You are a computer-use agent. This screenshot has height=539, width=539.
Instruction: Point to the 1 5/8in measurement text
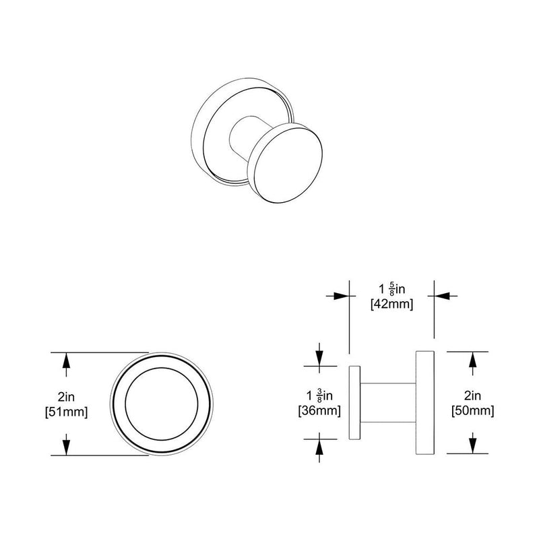[391, 289]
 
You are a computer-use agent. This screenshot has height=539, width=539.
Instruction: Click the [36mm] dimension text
[318, 410]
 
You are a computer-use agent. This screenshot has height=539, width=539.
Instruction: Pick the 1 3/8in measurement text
[318, 395]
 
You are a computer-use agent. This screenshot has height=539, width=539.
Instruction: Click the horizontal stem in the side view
[389, 403]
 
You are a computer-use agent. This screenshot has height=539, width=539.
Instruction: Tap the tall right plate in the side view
[425, 403]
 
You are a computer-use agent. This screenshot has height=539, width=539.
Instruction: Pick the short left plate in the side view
[355, 403]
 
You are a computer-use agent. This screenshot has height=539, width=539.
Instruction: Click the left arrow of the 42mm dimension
[342, 295]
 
